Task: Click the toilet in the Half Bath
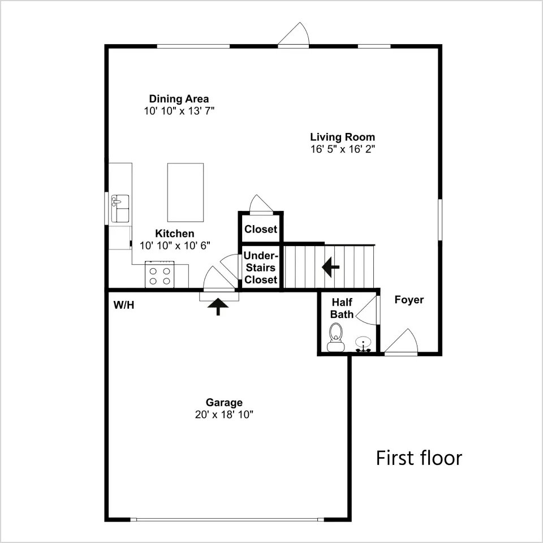click(x=335, y=337)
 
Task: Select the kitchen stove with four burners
click(x=160, y=275)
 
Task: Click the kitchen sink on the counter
click(x=120, y=208)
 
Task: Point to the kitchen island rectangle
click(x=186, y=192)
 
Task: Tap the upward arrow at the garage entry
click(x=218, y=307)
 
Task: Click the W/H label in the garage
click(x=124, y=305)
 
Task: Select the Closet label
click(x=261, y=229)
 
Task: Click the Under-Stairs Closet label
click(x=261, y=268)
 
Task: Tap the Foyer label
click(x=409, y=300)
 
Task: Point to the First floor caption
click(x=419, y=458)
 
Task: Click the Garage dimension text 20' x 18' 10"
click(x=224, y=415)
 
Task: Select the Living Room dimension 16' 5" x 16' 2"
click(x=343, y=149)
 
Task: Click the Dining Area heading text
click(x=179, y=98)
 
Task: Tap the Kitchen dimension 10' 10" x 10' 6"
click(x=175, y=245)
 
